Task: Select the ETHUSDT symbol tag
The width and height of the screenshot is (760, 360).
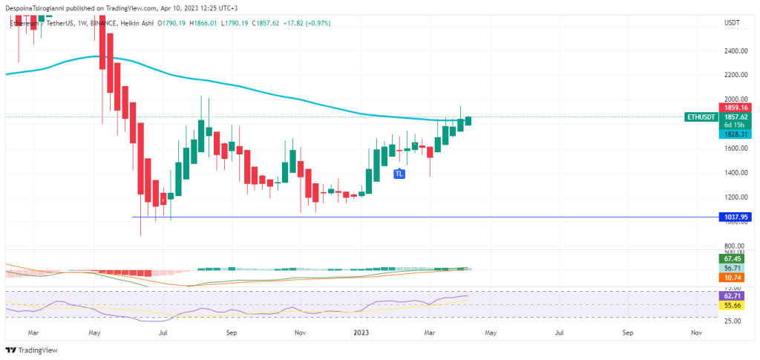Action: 701,117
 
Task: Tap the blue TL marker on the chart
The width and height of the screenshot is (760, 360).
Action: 399,174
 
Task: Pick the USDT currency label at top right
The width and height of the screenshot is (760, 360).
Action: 733,23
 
